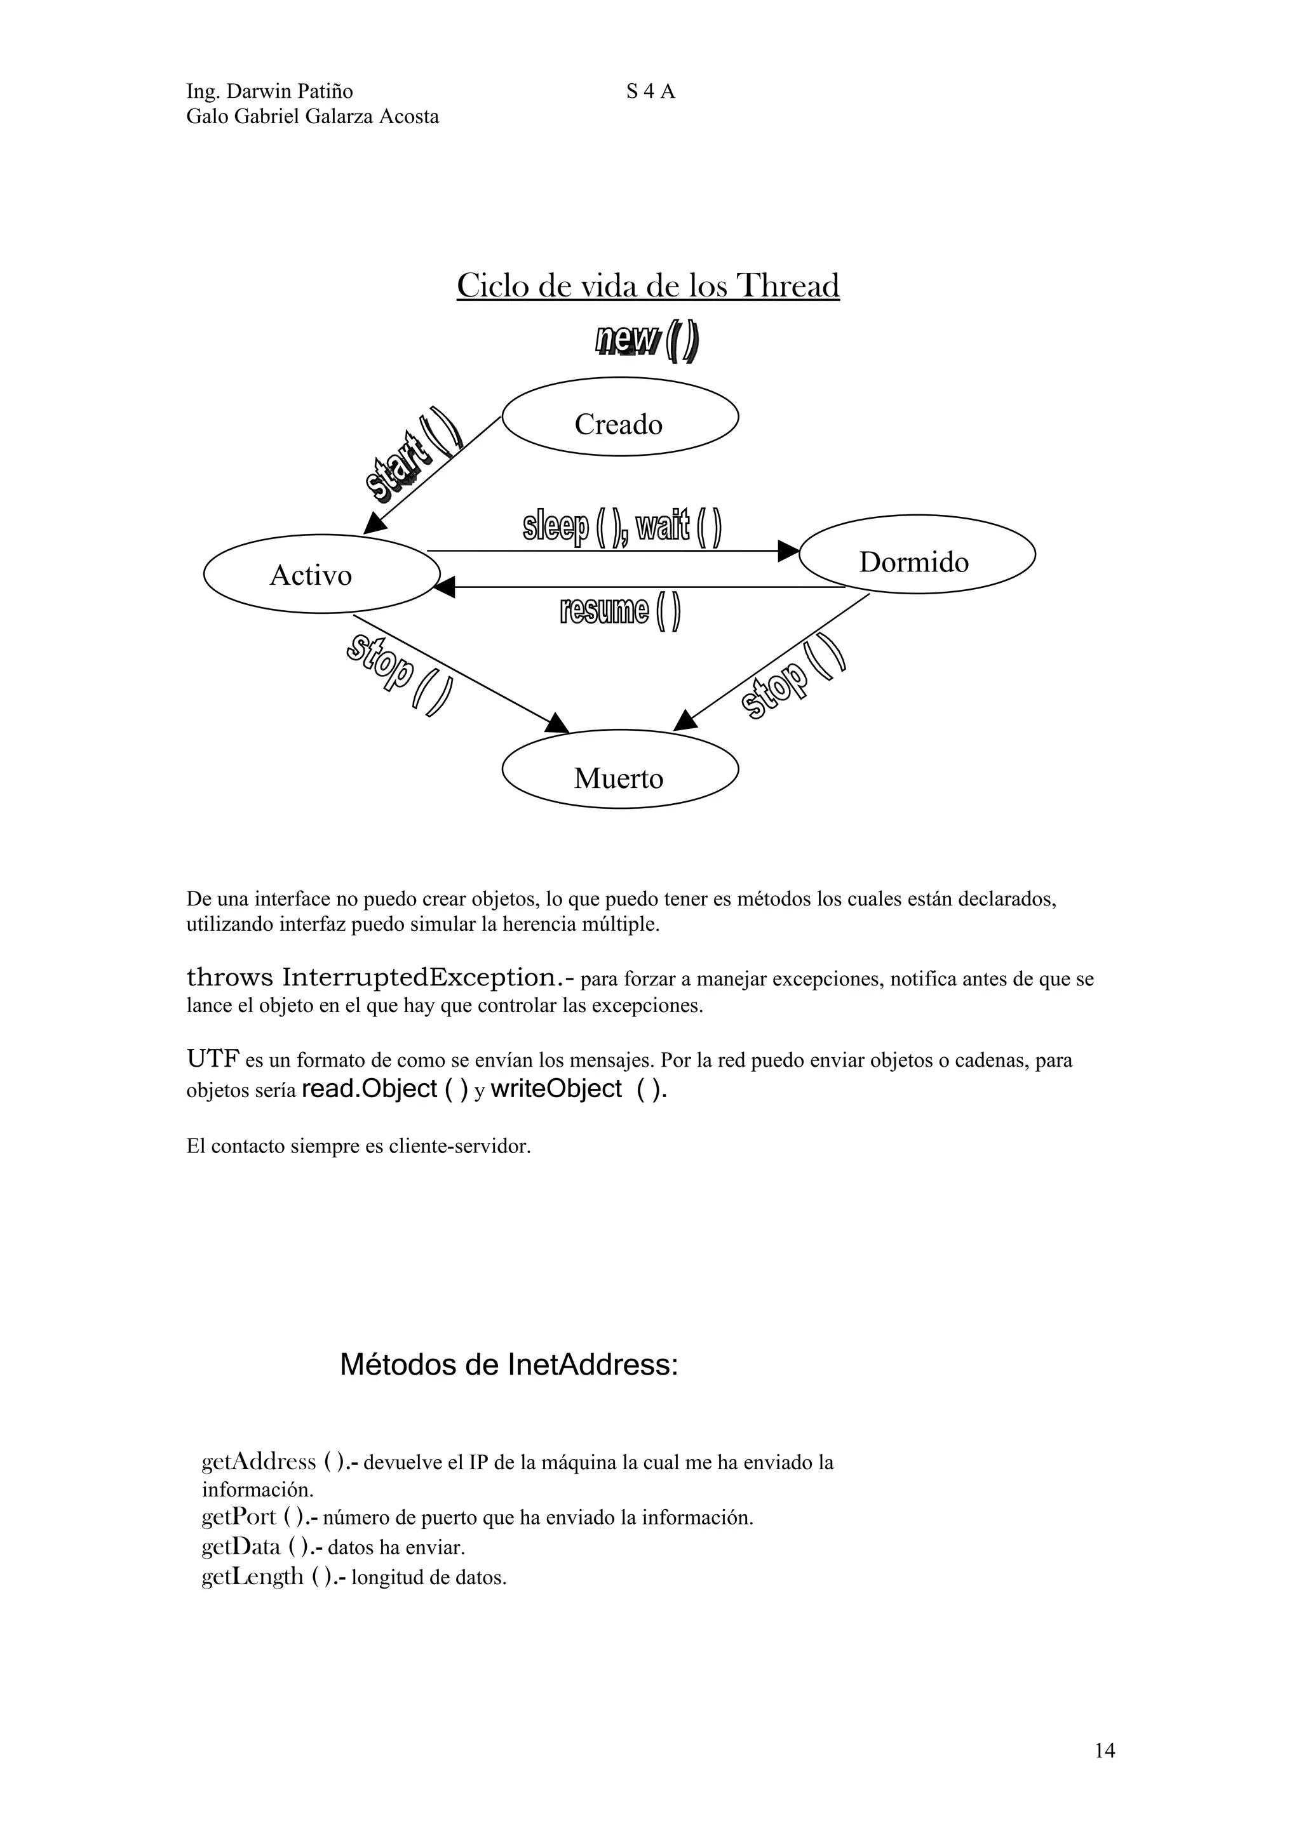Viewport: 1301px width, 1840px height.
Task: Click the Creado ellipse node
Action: pyautogui.click(x=619, y=417)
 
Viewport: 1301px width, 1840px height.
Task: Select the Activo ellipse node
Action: pyautogui.click(x=321, y=574)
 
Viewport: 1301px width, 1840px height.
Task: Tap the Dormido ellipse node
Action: pyautogui.click(x=917, y=554)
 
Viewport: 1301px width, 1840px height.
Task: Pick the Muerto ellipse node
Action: pyautogui.click(x=619, y=770)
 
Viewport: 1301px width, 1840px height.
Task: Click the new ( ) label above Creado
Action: pyautogui.click(x=647, y=342)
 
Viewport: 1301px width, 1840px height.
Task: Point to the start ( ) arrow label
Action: pyautogui.click(x=413, y=455)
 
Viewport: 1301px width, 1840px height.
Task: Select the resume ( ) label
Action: pyautogui.click(x=621, y=612)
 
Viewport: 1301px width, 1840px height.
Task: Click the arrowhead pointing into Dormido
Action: pyautogui.click(x=790, y=550)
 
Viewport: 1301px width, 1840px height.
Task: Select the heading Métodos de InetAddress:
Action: pyautogui.click(x=509, y=1364)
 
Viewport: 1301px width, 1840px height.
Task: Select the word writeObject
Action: pyautogui.click(x=556, y=1088)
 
